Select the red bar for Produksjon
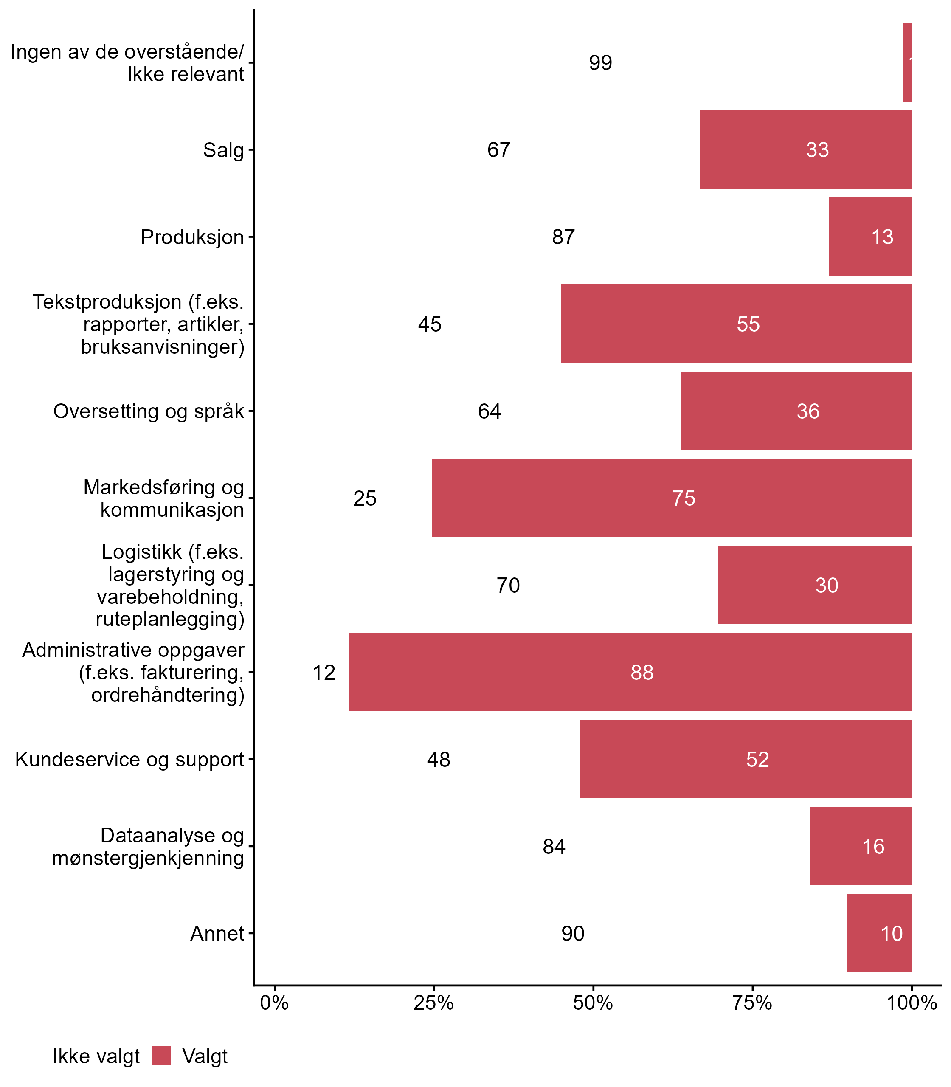click(870, 237)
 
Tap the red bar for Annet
click(879, 933)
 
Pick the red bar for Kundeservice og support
click(745, 759)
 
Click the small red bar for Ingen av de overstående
click(907, 63)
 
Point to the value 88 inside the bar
click(642, 673)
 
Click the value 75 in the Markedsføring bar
click(684, 498)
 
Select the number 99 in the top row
click(600, 63)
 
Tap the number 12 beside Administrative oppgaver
click(324, 673)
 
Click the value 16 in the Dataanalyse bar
click(873, 847)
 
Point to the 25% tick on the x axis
click(433, 1003)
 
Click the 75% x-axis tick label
click(752, 1003)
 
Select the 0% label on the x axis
click(274, 1003)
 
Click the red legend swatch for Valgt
click(161, 1056)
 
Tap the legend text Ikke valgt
click(96, 1056)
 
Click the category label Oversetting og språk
click(149, 411)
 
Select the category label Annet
click(217, 933)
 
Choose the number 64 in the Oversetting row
click(489, 411)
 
